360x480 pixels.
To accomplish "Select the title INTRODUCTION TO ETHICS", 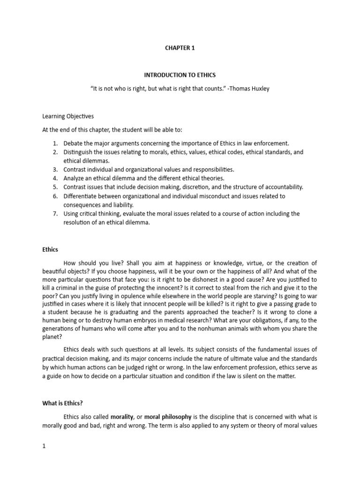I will [x=180, y=75].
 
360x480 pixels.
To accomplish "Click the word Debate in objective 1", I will [x=74, y=143].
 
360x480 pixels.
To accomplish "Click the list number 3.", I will [x=54, y=169].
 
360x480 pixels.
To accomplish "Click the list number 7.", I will [x=54, y=213].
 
